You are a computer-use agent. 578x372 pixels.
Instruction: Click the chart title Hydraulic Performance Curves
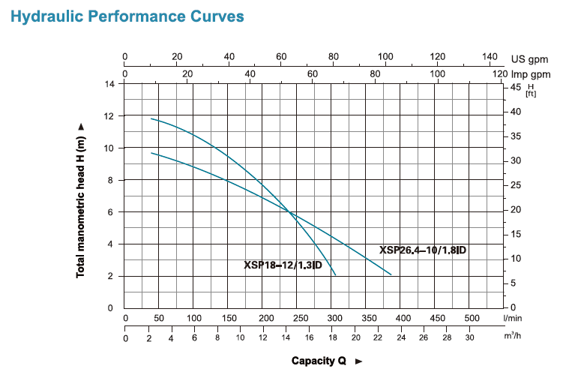point(127,16)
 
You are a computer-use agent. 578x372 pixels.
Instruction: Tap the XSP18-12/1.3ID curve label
point(283,265)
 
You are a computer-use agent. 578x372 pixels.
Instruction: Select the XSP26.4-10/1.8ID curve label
point(423,250)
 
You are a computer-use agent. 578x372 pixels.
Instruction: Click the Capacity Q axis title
point(319,361)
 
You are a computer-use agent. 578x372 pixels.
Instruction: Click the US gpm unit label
point(531,58)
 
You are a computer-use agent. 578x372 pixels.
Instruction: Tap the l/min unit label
point(513,319)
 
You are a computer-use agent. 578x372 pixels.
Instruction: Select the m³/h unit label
point(513,337)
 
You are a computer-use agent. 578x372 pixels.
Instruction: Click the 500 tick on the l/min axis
point(472,319)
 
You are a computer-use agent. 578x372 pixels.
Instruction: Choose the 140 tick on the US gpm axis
point(490,57)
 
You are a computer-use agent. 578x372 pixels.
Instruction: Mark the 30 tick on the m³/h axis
point(469,337)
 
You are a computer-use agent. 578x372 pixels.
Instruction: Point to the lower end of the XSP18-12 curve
point(335,275)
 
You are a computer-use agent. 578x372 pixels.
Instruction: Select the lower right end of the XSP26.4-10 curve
point(391,274)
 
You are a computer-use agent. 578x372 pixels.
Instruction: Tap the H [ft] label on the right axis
point(531,91)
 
